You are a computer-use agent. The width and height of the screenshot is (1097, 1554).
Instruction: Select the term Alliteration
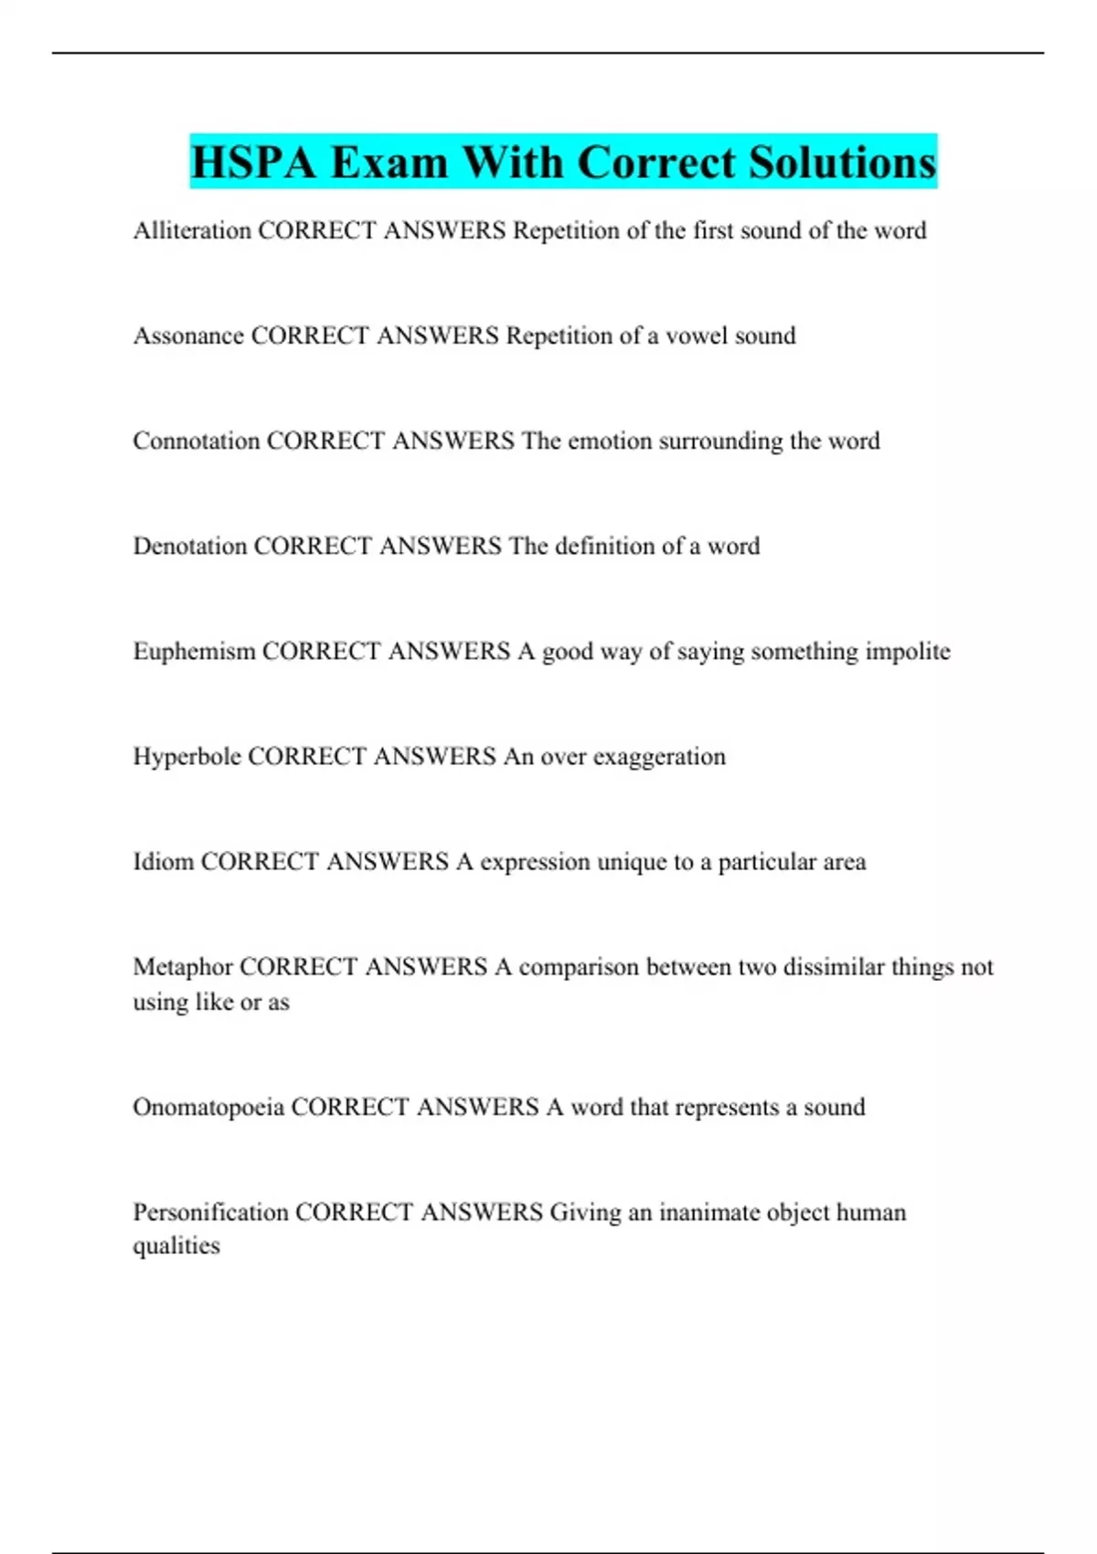coord(192,230)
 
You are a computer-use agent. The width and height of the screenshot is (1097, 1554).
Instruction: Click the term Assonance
coord(188,335)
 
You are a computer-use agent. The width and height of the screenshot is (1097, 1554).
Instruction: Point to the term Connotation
coord(196,441)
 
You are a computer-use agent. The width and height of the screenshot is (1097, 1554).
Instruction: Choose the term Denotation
coord(189,546)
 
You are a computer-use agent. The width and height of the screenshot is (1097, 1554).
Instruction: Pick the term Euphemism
coord(194,651)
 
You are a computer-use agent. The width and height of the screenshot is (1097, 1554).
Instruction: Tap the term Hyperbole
coord(186,757)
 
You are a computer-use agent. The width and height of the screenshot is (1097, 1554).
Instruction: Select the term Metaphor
coord(183,966)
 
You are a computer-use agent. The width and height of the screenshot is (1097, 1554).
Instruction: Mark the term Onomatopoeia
coord(208,1107)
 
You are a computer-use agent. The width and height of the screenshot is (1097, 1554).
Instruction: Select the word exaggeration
coord(659,757)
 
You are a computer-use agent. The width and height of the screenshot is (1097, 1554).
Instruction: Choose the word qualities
coord(176,1246)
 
